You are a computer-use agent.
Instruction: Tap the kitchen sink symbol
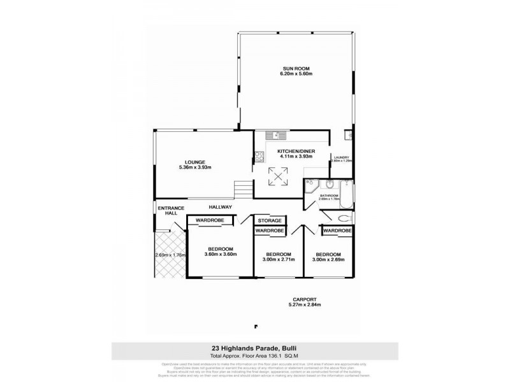pos(276,135)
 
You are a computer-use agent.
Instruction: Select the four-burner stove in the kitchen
pos(259,155)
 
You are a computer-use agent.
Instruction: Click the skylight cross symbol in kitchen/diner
pos(277,176)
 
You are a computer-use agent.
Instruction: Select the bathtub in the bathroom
pos(347,190)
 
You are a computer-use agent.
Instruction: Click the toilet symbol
pos(345,218)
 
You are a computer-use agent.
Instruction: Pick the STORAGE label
pos(270,221)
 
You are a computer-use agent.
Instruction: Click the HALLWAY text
pos(220,208)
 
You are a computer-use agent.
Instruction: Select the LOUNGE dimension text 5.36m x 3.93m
pos(194,167)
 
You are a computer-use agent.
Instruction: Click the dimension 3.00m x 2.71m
pos(279,260)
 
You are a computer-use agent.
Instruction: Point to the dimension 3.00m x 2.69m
pos(328,260)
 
